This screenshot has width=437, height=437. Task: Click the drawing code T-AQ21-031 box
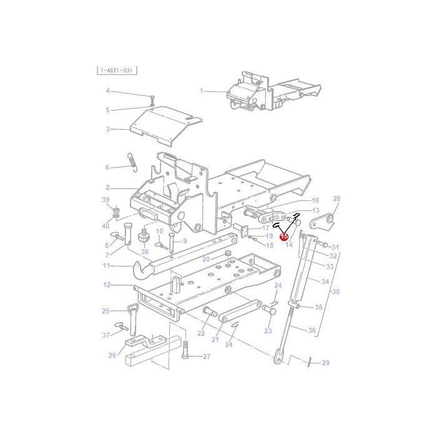(x=117, y=71)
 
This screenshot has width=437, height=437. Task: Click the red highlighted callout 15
(x=284, y=237)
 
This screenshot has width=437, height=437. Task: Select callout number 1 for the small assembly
(x=202, y=91)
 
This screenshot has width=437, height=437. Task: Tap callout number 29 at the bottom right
(x=325, y=363)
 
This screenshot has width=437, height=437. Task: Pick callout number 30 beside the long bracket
(x=336, y=292)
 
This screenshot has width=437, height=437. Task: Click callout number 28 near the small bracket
(x=336, y=199)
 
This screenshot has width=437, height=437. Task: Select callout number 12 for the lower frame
(x=107, y=285)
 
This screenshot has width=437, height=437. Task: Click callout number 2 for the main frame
(x=107, y=187)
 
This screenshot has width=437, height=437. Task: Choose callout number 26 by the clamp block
(x=112, y=356)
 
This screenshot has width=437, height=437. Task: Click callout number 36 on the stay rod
(x=312, y=330)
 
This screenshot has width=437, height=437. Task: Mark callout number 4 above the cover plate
(x=107, y=91)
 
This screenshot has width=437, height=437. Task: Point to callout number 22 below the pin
(x=201, y=333)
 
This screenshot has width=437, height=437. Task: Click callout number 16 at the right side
(x=315, y=201)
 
